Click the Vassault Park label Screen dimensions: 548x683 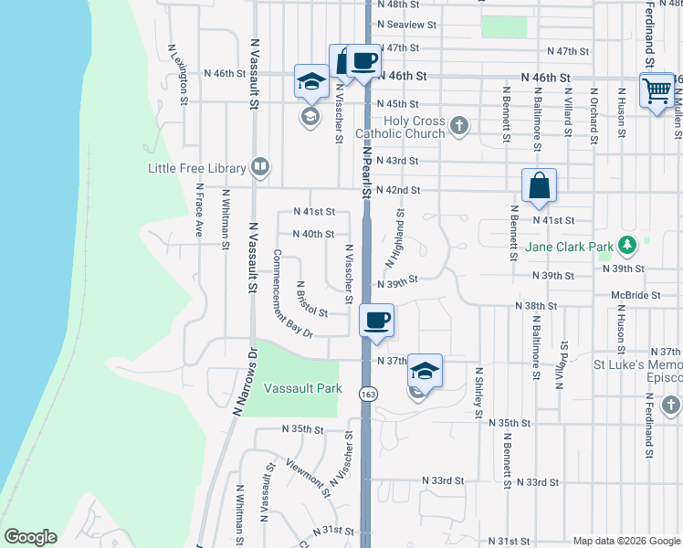pyautogui.click(x=302, y=388)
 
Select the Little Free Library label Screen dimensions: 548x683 pyautogui.click(x=197, y=168)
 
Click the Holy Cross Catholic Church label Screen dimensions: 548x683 pyautogui.click(x=415, y=127)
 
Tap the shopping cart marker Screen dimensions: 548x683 pyautogui.click(x=657, y=90)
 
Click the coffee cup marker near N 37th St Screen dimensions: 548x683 pyautogui.click(x=377, y=321)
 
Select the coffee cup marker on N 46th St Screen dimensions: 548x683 pyautogui.click(x=363, y=61)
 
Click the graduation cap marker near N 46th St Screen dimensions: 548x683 pyautogui.click(x=311, y=82)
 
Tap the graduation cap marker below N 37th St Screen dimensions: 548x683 pyautogui.click(x=425, y=371)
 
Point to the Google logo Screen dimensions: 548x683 pyautogui.click(x=30, y=537)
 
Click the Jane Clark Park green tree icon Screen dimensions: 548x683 pyautogui.click(x=627, y=246)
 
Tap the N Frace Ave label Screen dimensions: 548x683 pyautogui.click(x=197, y=211)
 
